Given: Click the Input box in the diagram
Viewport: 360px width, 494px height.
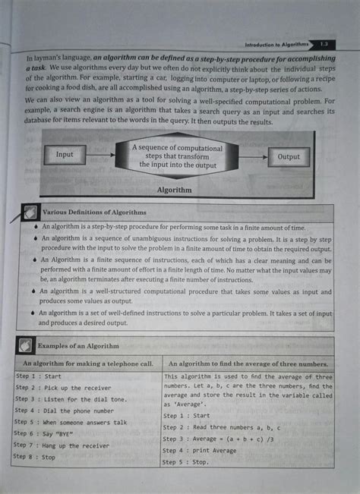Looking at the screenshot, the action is click(65, 155).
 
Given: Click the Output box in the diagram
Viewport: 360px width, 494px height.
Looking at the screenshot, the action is click(289, 157).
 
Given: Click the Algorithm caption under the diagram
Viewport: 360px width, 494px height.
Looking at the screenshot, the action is click(174, 190).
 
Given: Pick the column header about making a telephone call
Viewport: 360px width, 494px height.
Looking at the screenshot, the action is click(88, 364).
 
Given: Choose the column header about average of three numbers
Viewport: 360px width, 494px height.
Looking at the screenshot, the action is click(248, 364).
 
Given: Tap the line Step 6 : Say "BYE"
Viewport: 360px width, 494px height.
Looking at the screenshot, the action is click(51, 433).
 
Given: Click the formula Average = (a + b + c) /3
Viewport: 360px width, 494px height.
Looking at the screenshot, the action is click(227, 439).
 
